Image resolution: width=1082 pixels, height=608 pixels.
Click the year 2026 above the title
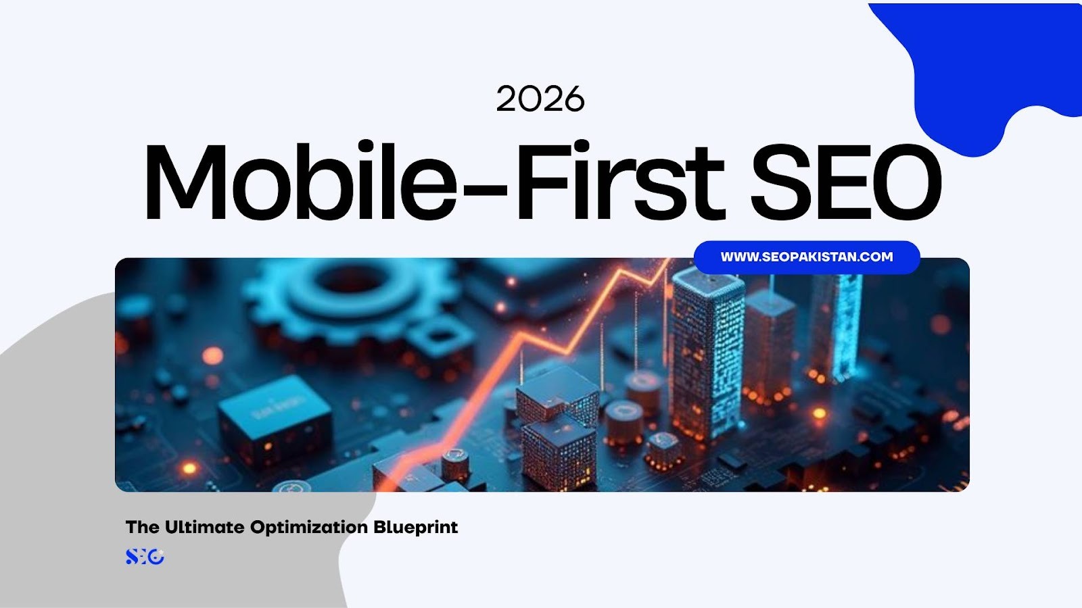pos(540,99)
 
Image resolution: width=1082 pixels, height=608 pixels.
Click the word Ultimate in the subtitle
pos(205,527)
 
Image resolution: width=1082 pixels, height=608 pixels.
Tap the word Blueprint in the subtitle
pos(415,527)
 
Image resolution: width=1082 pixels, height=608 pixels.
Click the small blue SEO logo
pos(145,557)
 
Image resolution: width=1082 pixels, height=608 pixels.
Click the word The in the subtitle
pos(142,527)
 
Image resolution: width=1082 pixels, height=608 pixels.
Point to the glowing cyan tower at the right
pos(839,324)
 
